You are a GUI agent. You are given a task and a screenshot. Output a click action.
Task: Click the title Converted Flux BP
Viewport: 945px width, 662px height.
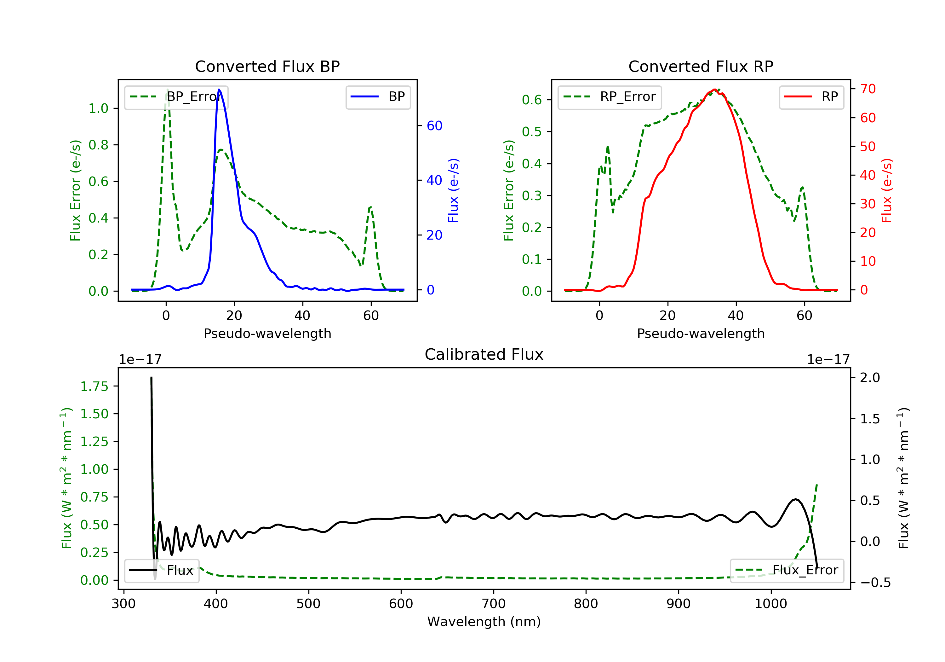coord(267,66)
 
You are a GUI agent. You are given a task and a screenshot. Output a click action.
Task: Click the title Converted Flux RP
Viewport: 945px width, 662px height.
coord(701,66)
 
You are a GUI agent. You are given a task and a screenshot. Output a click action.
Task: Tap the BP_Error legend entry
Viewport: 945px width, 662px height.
coord(176,97)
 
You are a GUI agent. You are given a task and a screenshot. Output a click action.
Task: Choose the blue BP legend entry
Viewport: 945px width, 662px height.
coord(378,97)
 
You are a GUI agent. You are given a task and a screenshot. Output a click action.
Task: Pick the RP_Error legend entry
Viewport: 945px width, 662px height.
coord(609,97)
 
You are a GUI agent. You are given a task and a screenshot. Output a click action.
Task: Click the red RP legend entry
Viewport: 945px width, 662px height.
coord(811,97)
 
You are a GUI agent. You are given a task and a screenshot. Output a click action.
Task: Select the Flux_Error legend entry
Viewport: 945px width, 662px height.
coord(787,570)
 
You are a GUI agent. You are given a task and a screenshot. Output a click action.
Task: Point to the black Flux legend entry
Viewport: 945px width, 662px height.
coord(162,571)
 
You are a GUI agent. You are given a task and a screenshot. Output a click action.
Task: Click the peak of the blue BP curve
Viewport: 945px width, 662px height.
coord(219,90)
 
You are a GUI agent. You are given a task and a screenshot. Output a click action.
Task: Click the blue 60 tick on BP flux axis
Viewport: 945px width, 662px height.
coord(434,126)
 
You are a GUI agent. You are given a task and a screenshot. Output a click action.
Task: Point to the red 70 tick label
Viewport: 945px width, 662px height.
coord(868,89)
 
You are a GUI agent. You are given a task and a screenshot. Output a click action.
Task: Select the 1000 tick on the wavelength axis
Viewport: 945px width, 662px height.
coord(770,604)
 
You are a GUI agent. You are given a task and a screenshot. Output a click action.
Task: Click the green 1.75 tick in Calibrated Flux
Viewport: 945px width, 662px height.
coord(94,386)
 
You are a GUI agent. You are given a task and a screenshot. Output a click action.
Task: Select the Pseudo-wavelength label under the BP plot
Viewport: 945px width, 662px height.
coord(267,333)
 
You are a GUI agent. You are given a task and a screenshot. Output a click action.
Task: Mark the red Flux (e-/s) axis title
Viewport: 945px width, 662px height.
coord(887,190)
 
